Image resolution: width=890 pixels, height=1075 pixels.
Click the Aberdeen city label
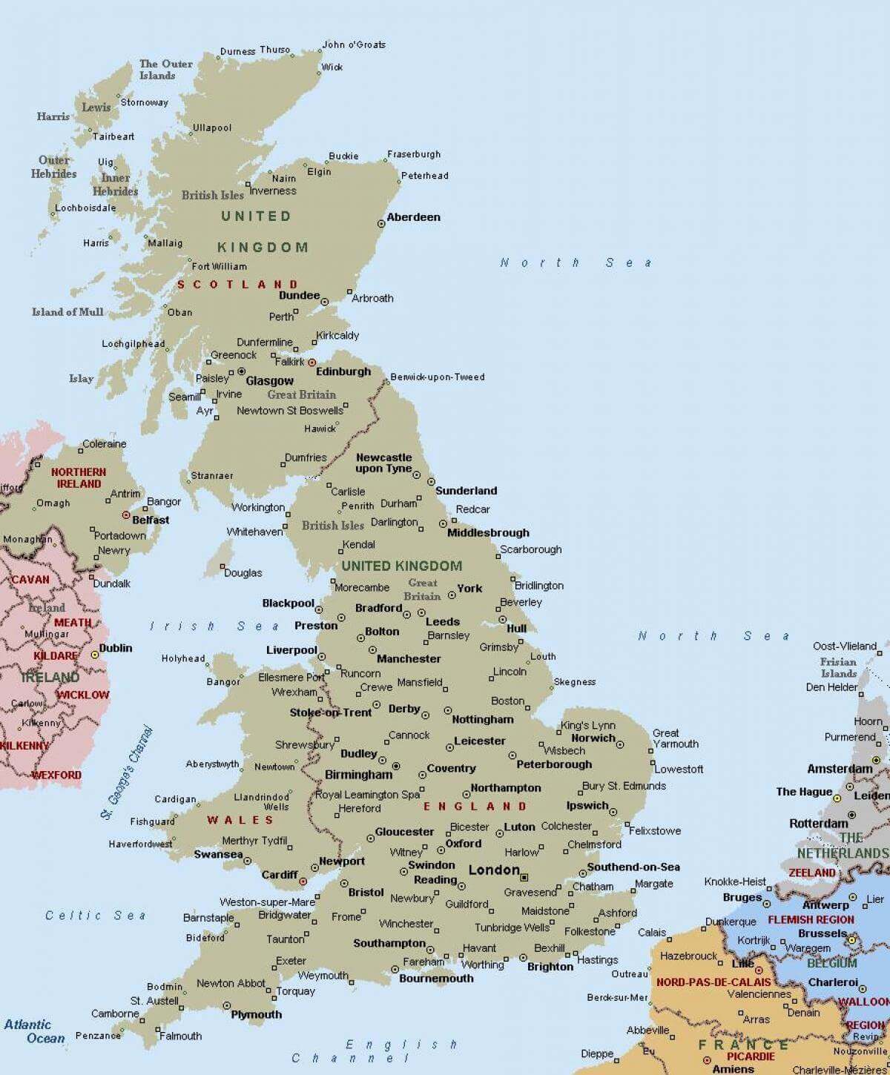point(413,217)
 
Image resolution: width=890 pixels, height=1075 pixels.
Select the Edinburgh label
point(343,371)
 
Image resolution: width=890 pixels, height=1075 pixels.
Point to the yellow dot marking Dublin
point(94,655)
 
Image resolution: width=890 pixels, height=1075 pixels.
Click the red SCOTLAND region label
point(237,285)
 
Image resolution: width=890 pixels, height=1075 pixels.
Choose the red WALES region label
point(240,820)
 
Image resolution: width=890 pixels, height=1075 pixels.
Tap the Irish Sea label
point(215,626)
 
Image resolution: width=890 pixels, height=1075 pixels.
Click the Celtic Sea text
point(96,916)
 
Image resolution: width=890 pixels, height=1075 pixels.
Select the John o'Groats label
point(354,44)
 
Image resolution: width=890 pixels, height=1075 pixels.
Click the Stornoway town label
point(144,102)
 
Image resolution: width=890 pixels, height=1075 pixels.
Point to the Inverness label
point(272,191)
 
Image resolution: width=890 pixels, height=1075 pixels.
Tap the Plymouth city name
point(256,1014)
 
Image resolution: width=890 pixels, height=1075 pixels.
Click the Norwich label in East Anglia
point(593,738)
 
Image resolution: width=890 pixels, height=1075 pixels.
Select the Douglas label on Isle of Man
point(243,572)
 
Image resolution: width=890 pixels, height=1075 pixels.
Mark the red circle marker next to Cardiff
point(303,881)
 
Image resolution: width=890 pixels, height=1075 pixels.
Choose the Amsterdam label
point(840,769)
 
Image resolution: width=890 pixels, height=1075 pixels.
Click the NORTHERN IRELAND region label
point(79,477)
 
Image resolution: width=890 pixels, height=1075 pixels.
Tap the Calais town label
point(652,933)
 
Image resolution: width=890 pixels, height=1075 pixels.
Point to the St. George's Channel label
point(128,773)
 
